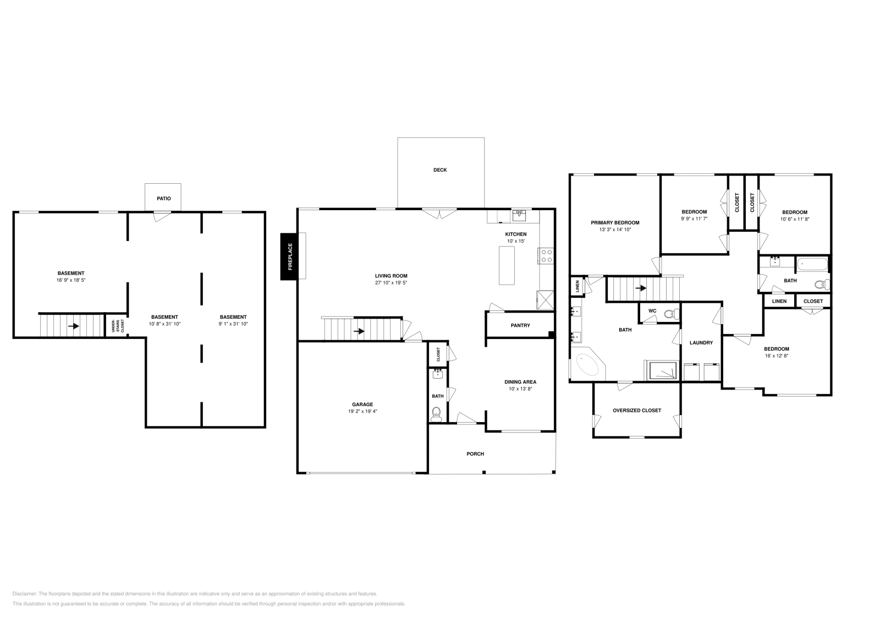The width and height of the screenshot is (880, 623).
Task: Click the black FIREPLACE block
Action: (289, 256)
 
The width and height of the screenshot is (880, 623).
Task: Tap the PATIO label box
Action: (163, 198)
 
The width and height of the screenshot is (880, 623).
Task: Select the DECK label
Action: (440, 170)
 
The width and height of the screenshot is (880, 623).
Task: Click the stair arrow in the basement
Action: (73, 326)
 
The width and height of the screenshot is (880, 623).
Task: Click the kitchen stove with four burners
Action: (547, 255)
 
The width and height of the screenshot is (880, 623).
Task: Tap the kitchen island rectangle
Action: (507, 265)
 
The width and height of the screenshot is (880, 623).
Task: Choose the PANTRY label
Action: (520, 325)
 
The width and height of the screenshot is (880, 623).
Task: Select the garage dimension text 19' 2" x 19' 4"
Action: (362, 411)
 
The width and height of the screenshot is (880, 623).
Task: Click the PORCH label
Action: (475, 453)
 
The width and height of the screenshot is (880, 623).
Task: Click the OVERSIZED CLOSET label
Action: (636, 410)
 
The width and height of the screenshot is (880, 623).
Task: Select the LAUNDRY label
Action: (701, 343)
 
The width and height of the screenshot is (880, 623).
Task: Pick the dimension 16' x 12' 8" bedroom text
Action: (776, 356)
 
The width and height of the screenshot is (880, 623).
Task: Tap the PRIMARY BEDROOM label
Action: (615, 223)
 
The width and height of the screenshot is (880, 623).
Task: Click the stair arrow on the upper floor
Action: (641, 288)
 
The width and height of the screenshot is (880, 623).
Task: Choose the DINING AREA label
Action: (520, 382)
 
